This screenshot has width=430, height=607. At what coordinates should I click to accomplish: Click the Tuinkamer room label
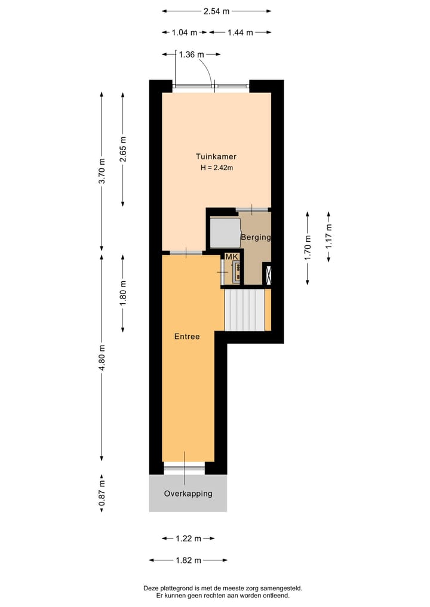(x=216, y=156)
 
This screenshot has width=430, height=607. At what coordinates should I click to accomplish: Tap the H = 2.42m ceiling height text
(x=216, y=168)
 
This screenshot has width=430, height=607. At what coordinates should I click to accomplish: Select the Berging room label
(x=256, y=237)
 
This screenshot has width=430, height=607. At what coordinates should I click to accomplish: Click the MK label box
(x=231, y=257)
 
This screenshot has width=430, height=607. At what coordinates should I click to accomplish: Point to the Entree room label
(x=186, y=337)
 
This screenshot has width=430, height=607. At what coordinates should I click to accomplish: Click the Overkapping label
(x=188, y=494)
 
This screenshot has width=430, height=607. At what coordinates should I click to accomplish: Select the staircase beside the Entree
(x=244, y=309)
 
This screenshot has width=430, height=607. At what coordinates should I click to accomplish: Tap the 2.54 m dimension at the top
(x=217, y=11)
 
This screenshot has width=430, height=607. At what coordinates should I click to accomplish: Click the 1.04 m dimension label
(x=185, y=32)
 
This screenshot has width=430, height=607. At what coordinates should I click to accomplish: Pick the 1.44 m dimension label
(x=240, y=32)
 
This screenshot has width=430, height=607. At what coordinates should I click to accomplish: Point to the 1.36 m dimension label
(x=191, y=54)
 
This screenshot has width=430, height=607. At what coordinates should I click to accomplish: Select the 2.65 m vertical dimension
(x=123, y=149)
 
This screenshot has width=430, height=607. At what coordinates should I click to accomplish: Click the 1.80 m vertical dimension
(x=123, y=293)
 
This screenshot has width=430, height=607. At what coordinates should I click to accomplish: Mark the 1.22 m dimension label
(x=188, y=538)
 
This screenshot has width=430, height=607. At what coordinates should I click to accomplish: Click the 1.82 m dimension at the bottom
(x=188, y=560)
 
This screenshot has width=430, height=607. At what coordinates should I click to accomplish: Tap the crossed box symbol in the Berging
(x=267, y=274)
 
